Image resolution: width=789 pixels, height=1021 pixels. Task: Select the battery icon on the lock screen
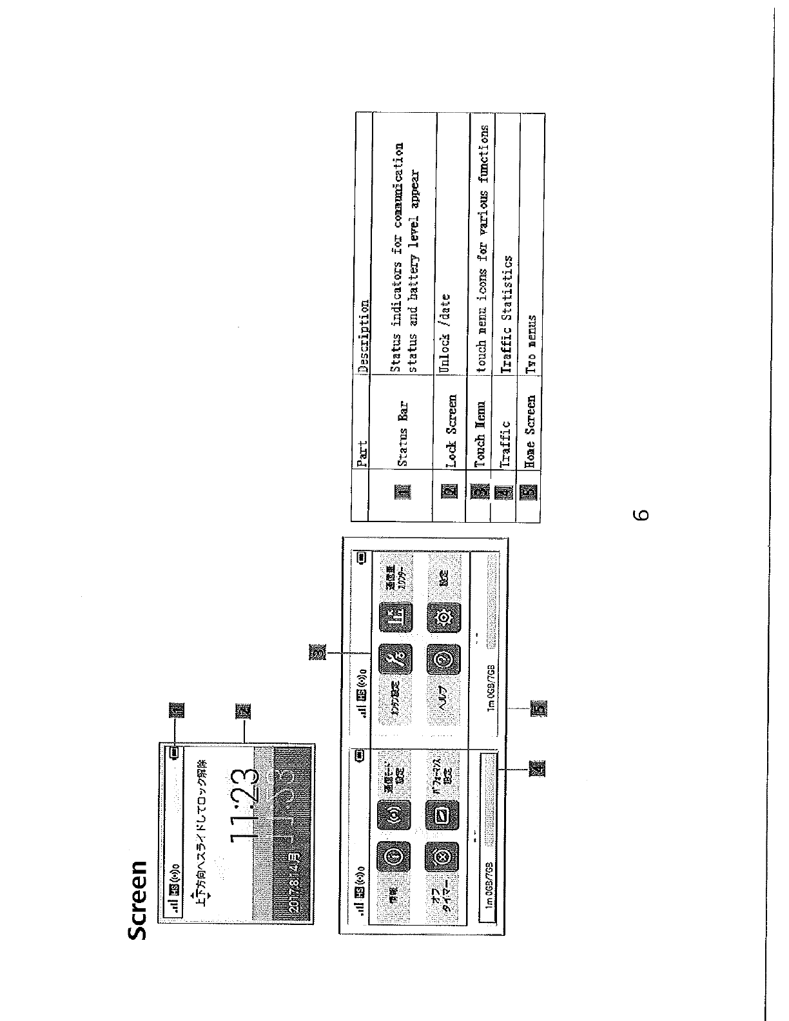coord(175,752)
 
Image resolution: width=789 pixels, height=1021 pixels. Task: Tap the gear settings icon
coord(445,616)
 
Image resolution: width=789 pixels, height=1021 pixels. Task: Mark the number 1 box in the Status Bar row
coord(402,492)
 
